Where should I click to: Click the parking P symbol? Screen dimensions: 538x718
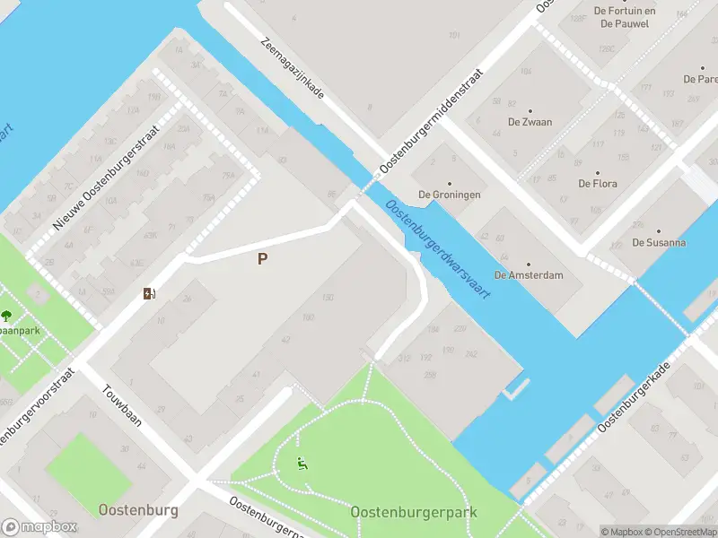pyautogui.click(x=263, y=259)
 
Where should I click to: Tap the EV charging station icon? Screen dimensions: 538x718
pyautogui.click(x=149, y=293)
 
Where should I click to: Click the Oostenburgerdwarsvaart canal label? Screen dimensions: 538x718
pyautogui.click(x=439, y=250)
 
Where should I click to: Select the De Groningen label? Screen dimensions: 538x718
pyautogui.click(x=450, y=195)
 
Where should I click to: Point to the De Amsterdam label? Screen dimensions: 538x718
pyautogui.click(x=529, y=274)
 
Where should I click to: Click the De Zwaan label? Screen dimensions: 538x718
pyautogui.click(x=530, y=121)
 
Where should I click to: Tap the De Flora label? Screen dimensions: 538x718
pyautogui.click(x=597, y=184)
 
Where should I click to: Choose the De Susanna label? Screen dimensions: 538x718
pyautogui.click(x=659, y=242)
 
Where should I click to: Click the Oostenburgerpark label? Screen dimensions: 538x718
pyautogui.click(x=414, y=512)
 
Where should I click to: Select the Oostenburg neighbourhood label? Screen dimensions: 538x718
pyautogui.click(x=138, y=510)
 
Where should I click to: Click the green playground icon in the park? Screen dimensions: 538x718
pyautogui.click(x=302, y=464)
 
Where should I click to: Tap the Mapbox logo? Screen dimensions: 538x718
pyautogui.click(x=39, y=527)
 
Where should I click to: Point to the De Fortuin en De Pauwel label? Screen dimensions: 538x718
pyautogui.click(x=628, y=16)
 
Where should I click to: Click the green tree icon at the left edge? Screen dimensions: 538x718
pyautogui.click(x=7, y=315)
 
